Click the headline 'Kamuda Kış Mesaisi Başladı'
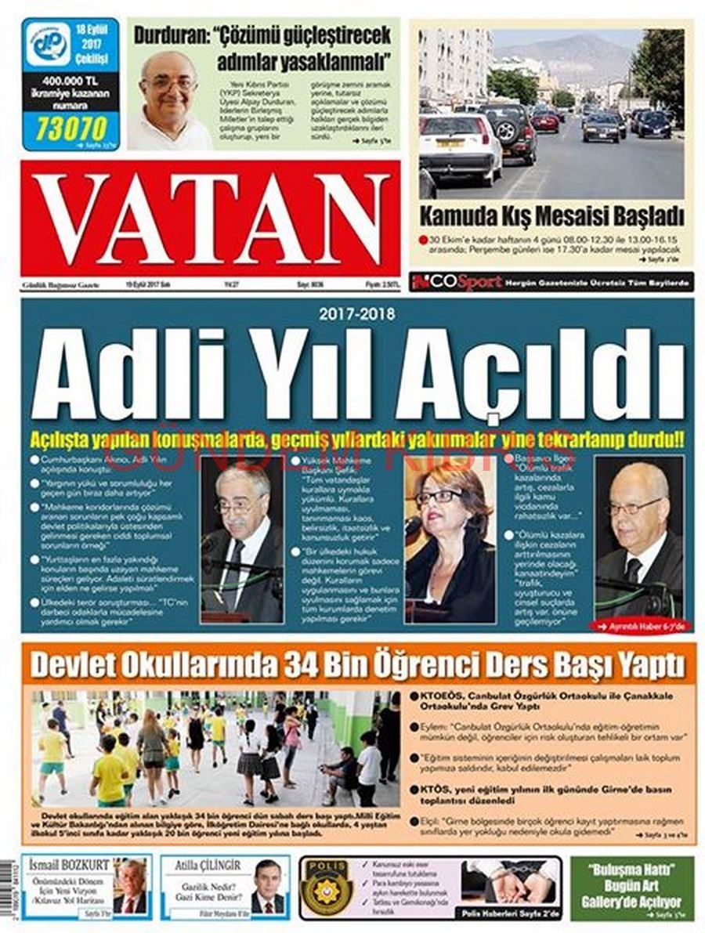[551, 215]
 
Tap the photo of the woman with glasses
[450, 541]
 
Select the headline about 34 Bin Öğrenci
[357, 666]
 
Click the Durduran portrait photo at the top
[168, 100]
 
